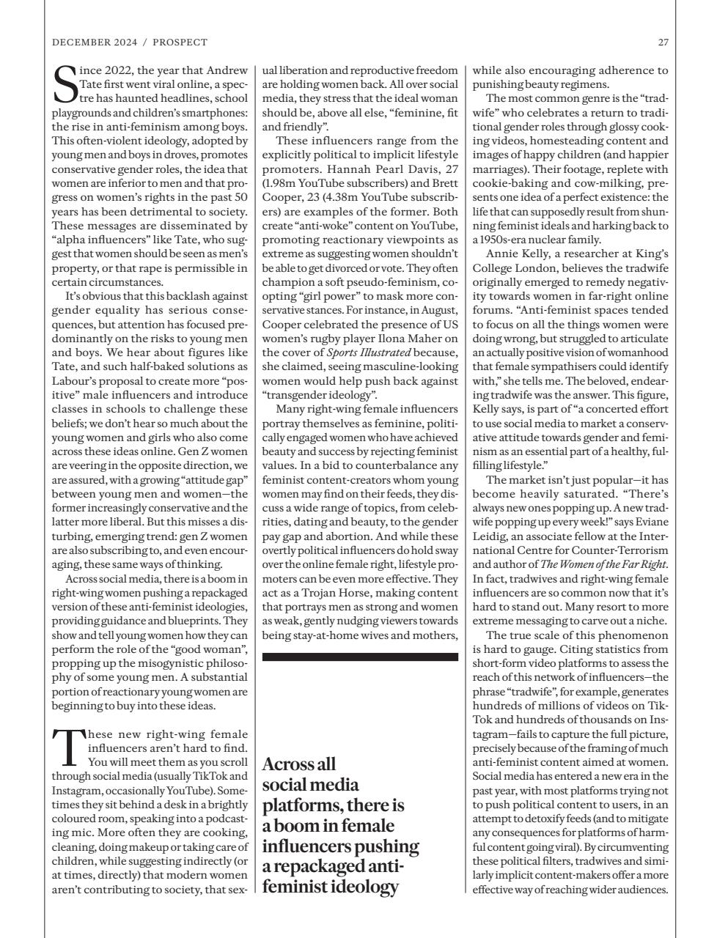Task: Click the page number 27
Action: (663, 43)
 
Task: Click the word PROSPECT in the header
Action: (182, 43)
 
